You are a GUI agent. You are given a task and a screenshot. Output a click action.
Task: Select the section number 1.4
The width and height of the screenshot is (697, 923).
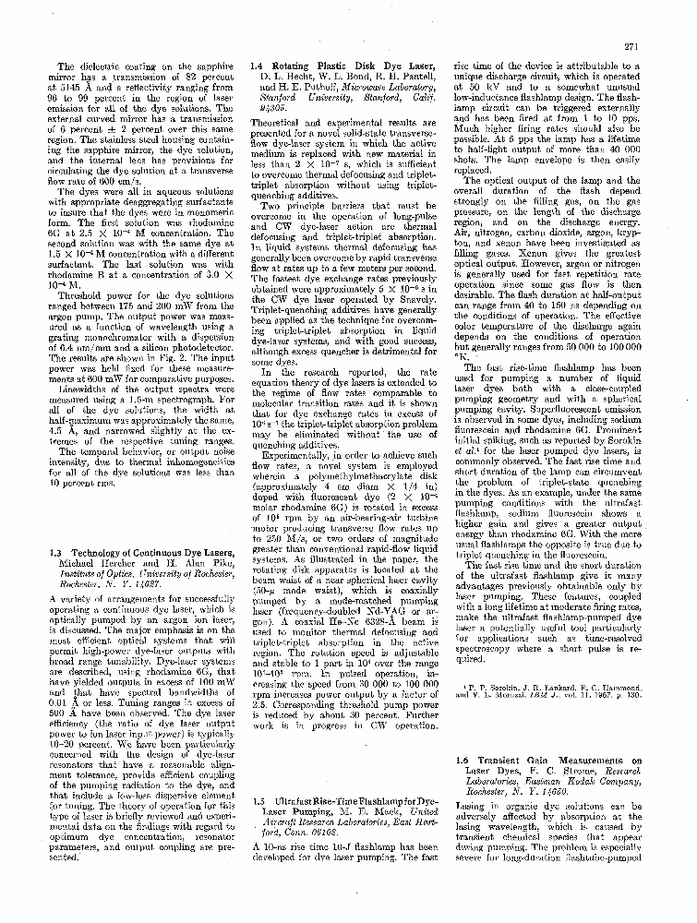[260, 67]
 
